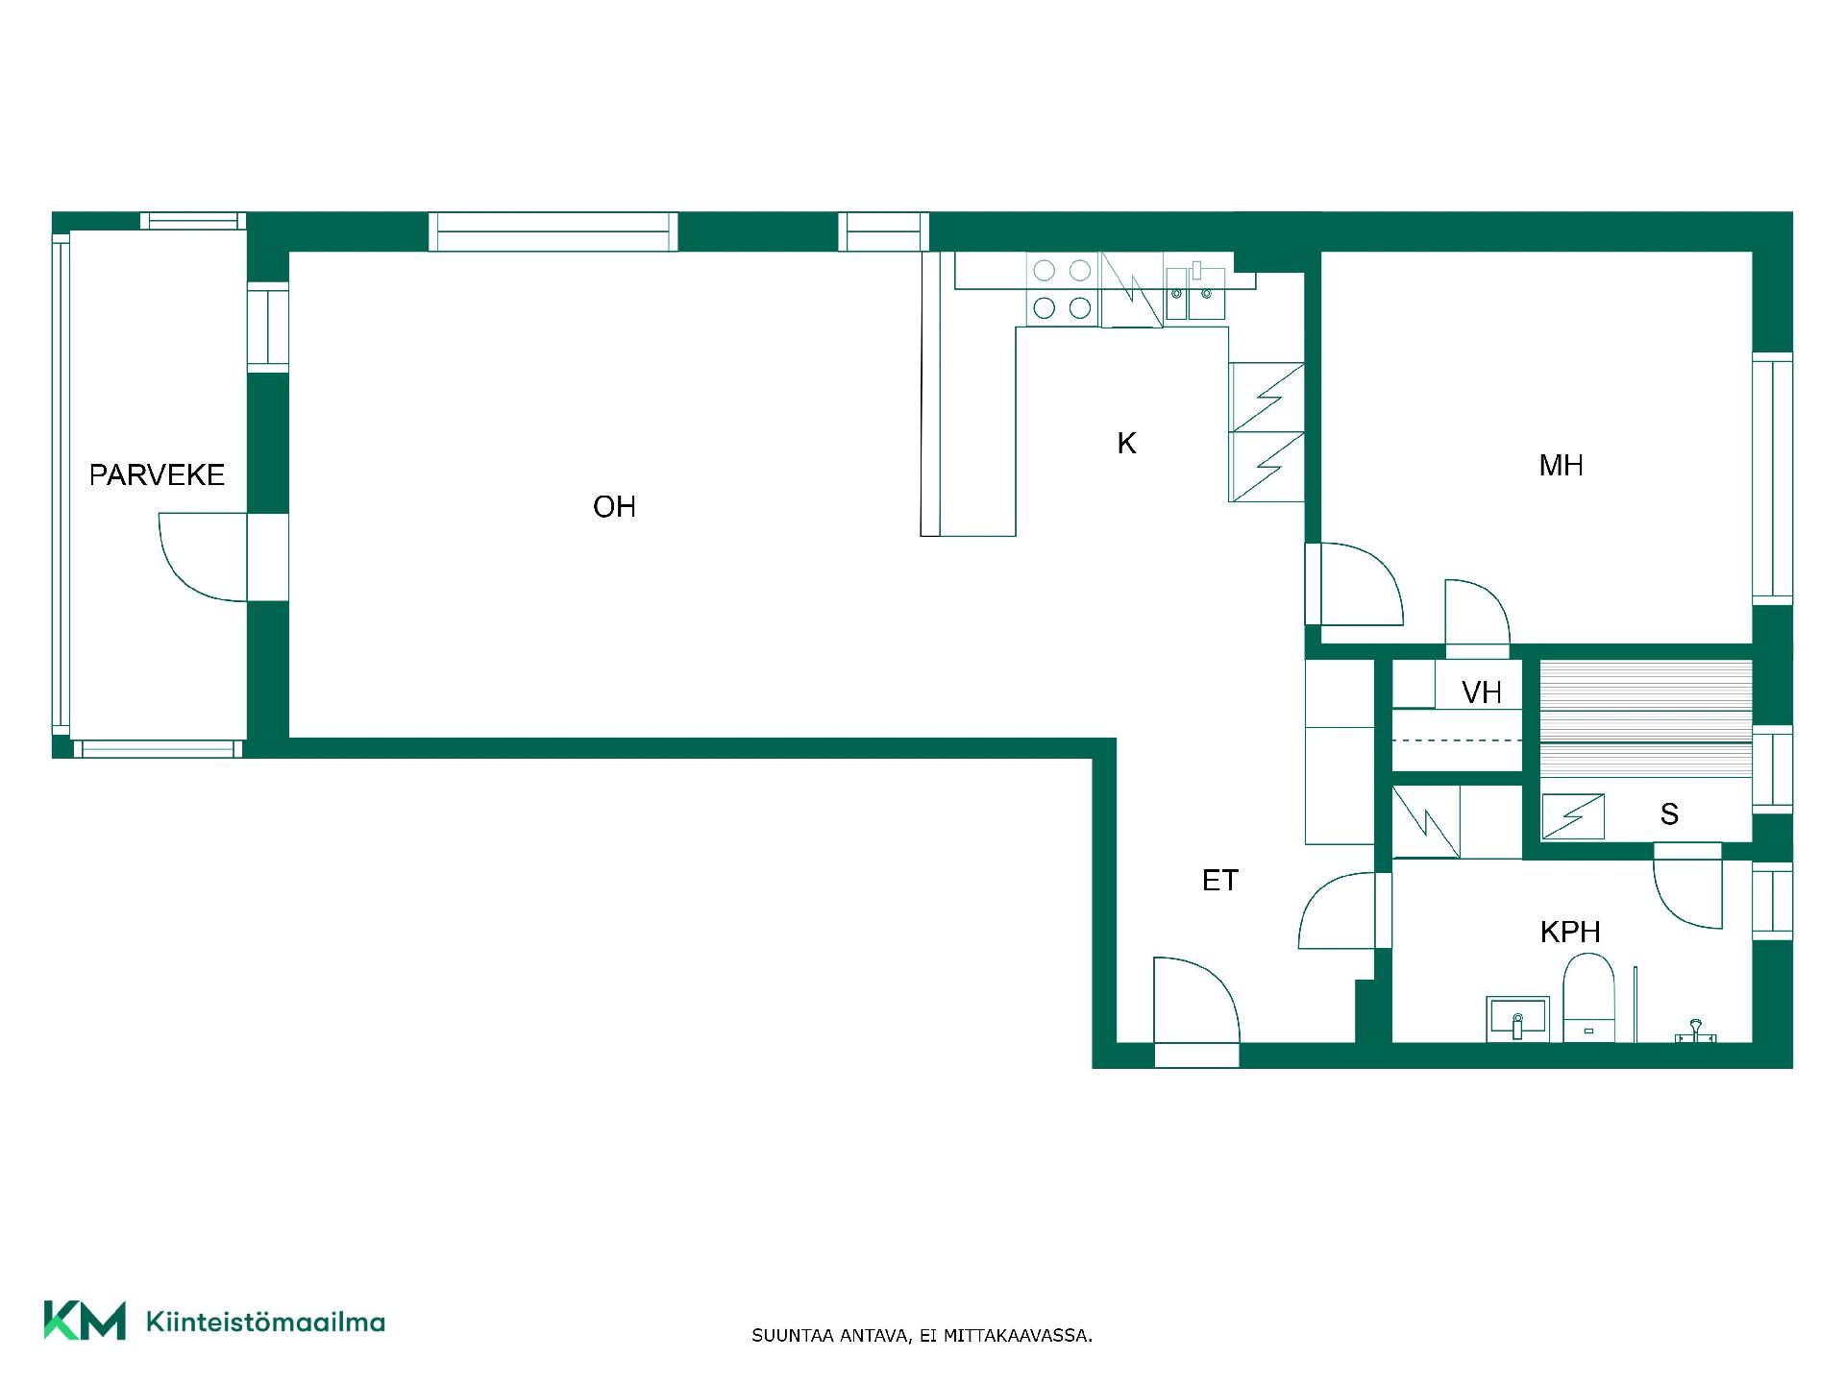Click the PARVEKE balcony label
(x=157, y=474)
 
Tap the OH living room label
(x=614, y=507)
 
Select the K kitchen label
(x=1126, y=443)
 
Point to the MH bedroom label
(x=1561, y=466)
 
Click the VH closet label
(x=1481, y=692)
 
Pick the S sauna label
(x=1669, y=814)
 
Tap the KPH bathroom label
(x=1569, y=932)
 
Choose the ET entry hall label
(x=1219, y=880)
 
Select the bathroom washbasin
(x=1517, y=1019)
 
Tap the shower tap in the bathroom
(x=1696, y=1031)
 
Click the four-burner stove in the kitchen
(x=1062, y=289)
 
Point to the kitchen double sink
(x=1195, y=293)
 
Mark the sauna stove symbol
(x=1573, y=816)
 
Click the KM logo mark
(x=85, y=1321)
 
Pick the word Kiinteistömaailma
(x=265, y=1322)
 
